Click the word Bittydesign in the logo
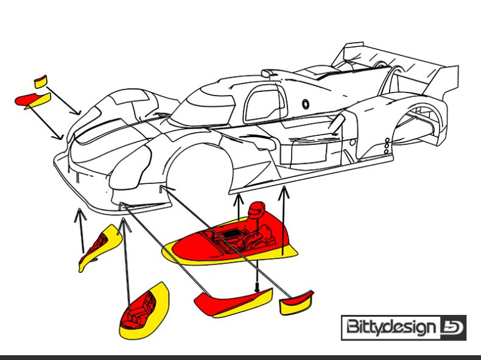pos(391,328)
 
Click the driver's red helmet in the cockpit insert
pos(257,210)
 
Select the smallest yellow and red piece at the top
pos(41,82)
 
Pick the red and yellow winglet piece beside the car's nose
pos(33,101)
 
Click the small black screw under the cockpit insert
pos(257,288)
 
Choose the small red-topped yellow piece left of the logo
pos(296,303)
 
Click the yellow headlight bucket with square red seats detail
pos(144,311)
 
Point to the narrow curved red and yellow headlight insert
pos(100,247)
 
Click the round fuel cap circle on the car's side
pos(306,104)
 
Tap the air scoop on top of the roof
pos(267,73)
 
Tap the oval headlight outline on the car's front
pos(130,168)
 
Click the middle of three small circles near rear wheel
pos(387,146)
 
